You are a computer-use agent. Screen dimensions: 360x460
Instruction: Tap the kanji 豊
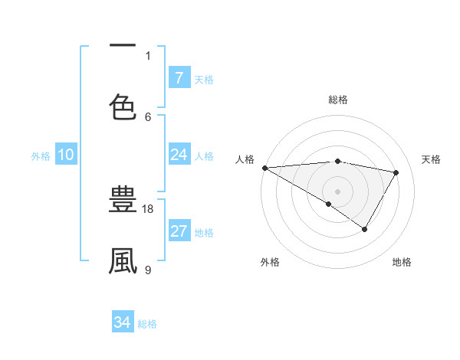(123, 201)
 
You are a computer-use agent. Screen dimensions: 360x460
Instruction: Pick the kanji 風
(123, 260)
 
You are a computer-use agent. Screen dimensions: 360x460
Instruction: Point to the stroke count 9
(148, 270)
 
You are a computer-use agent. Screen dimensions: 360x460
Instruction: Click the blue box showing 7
(179, 78)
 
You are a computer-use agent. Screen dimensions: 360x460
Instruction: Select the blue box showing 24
(179, 155)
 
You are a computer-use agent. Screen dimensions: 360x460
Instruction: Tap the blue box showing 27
(179, 231)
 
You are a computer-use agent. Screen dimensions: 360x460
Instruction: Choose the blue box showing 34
(123, 322)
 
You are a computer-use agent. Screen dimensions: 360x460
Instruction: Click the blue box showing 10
(66, 155)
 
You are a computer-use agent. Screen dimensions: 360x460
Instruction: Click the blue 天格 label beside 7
(204, 79)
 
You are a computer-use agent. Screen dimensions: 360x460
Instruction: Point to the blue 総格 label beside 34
(147, 323)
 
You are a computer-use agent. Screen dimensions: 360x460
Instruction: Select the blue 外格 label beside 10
(41, 155)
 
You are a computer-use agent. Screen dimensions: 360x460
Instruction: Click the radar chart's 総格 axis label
(338, 100)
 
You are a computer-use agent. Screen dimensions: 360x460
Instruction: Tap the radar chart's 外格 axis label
(270, 262)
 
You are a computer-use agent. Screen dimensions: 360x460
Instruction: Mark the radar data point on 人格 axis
(264, 167)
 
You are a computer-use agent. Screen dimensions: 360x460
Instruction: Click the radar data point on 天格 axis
(396, 172)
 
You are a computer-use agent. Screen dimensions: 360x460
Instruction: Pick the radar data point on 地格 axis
(365, 229)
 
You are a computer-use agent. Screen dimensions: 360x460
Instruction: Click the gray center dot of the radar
(337, 191)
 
